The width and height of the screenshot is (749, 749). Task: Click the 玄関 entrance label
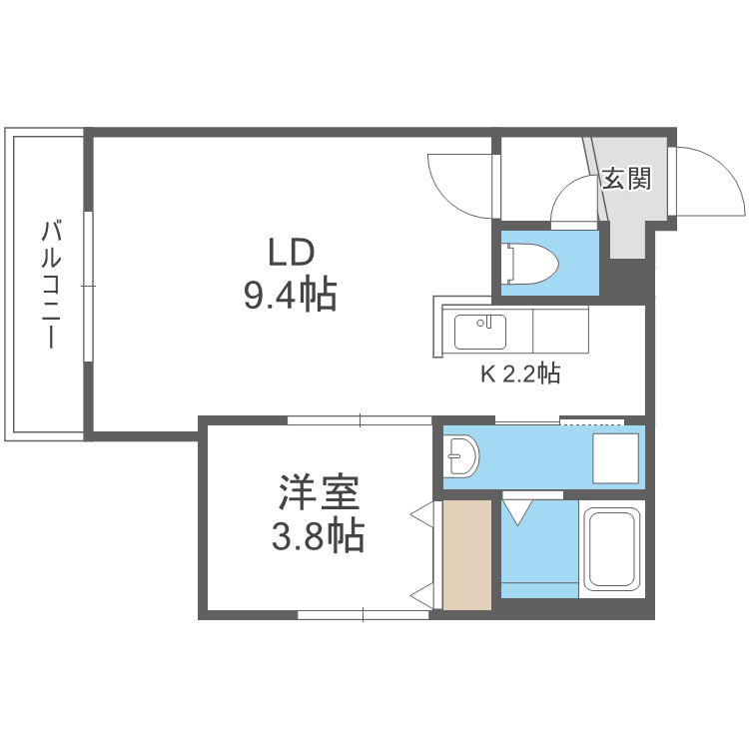626,180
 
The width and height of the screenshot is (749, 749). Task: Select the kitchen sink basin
480,331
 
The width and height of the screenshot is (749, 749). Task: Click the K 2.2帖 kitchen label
520,374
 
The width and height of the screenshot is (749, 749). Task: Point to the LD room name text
290,251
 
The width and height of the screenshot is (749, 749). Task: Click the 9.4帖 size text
290,295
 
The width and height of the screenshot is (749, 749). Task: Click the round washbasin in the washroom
460,457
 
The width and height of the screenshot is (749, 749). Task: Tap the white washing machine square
615,456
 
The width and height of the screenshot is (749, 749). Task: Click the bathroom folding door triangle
518,512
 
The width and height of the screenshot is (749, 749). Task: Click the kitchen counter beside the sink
560,331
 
